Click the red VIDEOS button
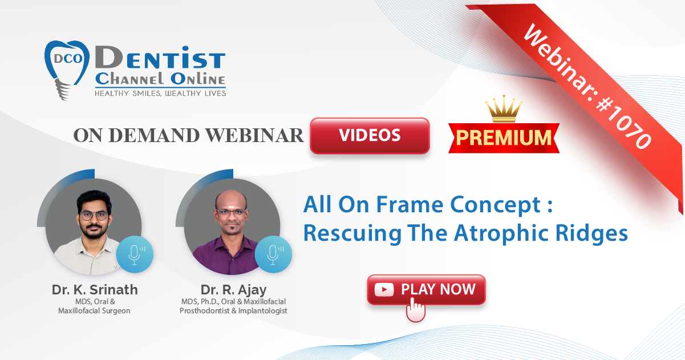[x=370, y=135]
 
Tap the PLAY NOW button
[x=426, y=289]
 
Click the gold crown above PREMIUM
[x=504, y=108]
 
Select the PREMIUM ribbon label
[x=504, y=137]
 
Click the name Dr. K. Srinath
[x=95, y=290]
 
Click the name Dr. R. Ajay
[x=234, y=290]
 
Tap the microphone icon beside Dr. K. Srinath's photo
[x=135, y=254]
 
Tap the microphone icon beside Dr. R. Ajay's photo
[x=273, y=254]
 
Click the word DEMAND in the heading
[x=154, y=135]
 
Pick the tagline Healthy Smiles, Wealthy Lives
[x=160, y=94]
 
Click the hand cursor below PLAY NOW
[x=416, y=310]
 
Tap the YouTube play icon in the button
[x=384, y=290]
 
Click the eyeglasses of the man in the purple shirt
[x=232, y=213]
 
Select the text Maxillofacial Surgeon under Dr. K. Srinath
[x=94, y=311]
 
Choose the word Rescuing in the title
[x=352, y=234]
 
